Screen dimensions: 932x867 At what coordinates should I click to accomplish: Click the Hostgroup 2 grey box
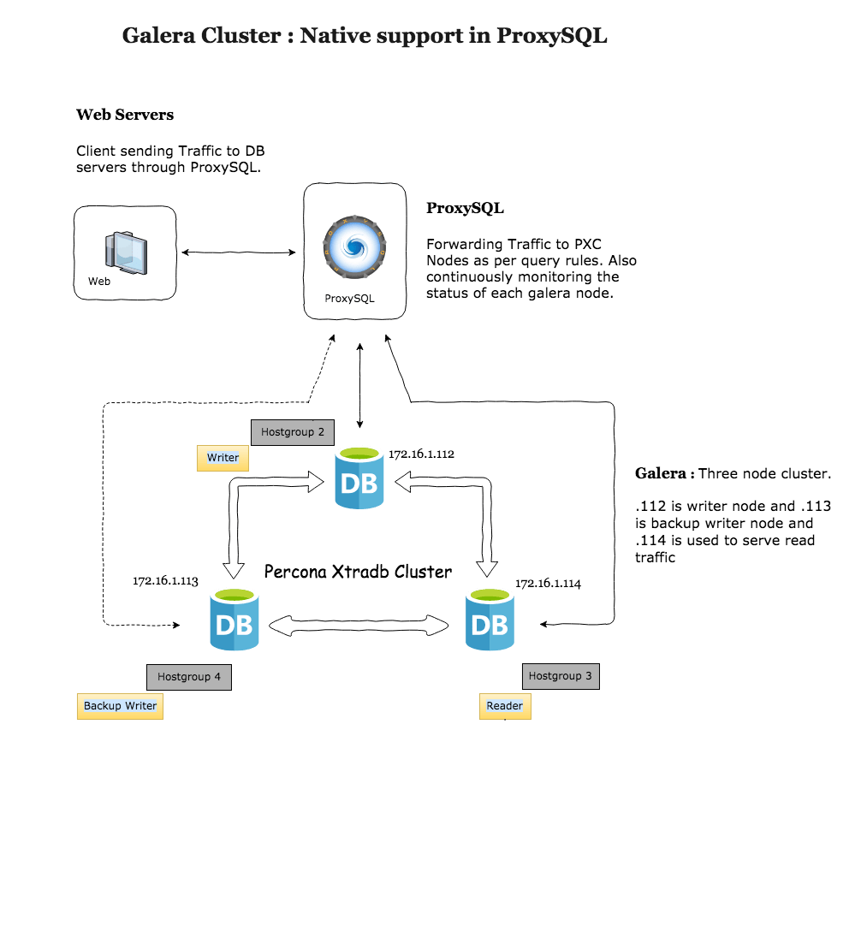[x=293, y=432]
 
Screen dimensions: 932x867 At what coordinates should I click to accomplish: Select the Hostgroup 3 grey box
[x=561, y=676]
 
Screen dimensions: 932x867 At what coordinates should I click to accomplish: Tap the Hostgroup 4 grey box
[x=189, y=677]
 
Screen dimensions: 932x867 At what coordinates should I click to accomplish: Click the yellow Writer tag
[x=223, y=458]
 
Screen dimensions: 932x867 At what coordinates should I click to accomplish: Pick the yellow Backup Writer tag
[x=120, y=706]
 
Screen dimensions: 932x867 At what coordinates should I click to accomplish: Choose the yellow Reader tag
[x=504, y=706]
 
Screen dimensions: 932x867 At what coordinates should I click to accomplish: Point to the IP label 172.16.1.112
[x=421, y=454]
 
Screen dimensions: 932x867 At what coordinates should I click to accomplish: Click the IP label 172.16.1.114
[x=548, y=584]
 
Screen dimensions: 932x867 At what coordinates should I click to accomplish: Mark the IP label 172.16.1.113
[x=165, y=581]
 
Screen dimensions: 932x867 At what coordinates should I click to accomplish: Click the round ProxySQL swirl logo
[x=354, y=246]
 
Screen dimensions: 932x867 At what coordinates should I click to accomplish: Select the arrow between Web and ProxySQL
[x=238, y=252]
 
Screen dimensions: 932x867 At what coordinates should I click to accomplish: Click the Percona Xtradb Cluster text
[x=358, y=571]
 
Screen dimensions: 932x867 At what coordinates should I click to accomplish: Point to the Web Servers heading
[x=125, y=115]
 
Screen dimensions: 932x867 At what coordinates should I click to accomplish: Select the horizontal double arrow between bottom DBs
[x=359, y=626]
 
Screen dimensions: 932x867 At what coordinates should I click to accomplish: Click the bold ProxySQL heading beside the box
[x=465, y=208]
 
